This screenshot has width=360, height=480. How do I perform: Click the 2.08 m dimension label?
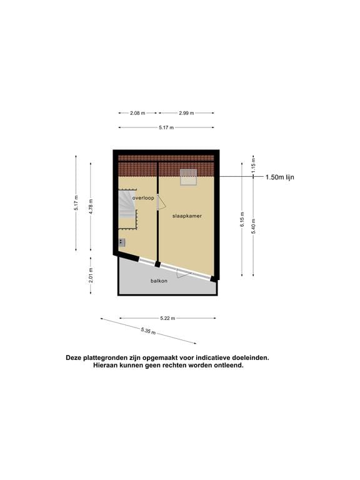(137, 113)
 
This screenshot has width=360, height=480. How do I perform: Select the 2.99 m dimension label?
(186, 113)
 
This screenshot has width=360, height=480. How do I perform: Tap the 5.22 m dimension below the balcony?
(167, 318)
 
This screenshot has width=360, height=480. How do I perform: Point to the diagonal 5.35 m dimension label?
(148, 331)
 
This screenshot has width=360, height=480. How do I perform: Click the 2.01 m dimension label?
(91, 276)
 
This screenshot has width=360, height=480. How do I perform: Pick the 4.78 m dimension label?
(91, 207)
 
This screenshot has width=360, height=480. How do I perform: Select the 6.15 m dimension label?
(242, 219)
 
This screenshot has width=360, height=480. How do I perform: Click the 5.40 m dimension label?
(253, 226)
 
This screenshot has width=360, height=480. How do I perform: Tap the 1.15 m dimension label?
(253, 167)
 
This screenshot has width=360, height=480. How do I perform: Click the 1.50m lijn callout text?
(280, 177)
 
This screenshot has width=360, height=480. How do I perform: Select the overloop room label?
(143, 198)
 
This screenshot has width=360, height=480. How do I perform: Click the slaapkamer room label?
(187, 216)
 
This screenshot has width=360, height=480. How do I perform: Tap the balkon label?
(159, 281)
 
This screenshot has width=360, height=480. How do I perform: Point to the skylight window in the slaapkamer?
(188, 177)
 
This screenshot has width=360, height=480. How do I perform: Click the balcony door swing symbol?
(183, 273)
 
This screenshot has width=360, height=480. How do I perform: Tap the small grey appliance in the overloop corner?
(122, 242)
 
